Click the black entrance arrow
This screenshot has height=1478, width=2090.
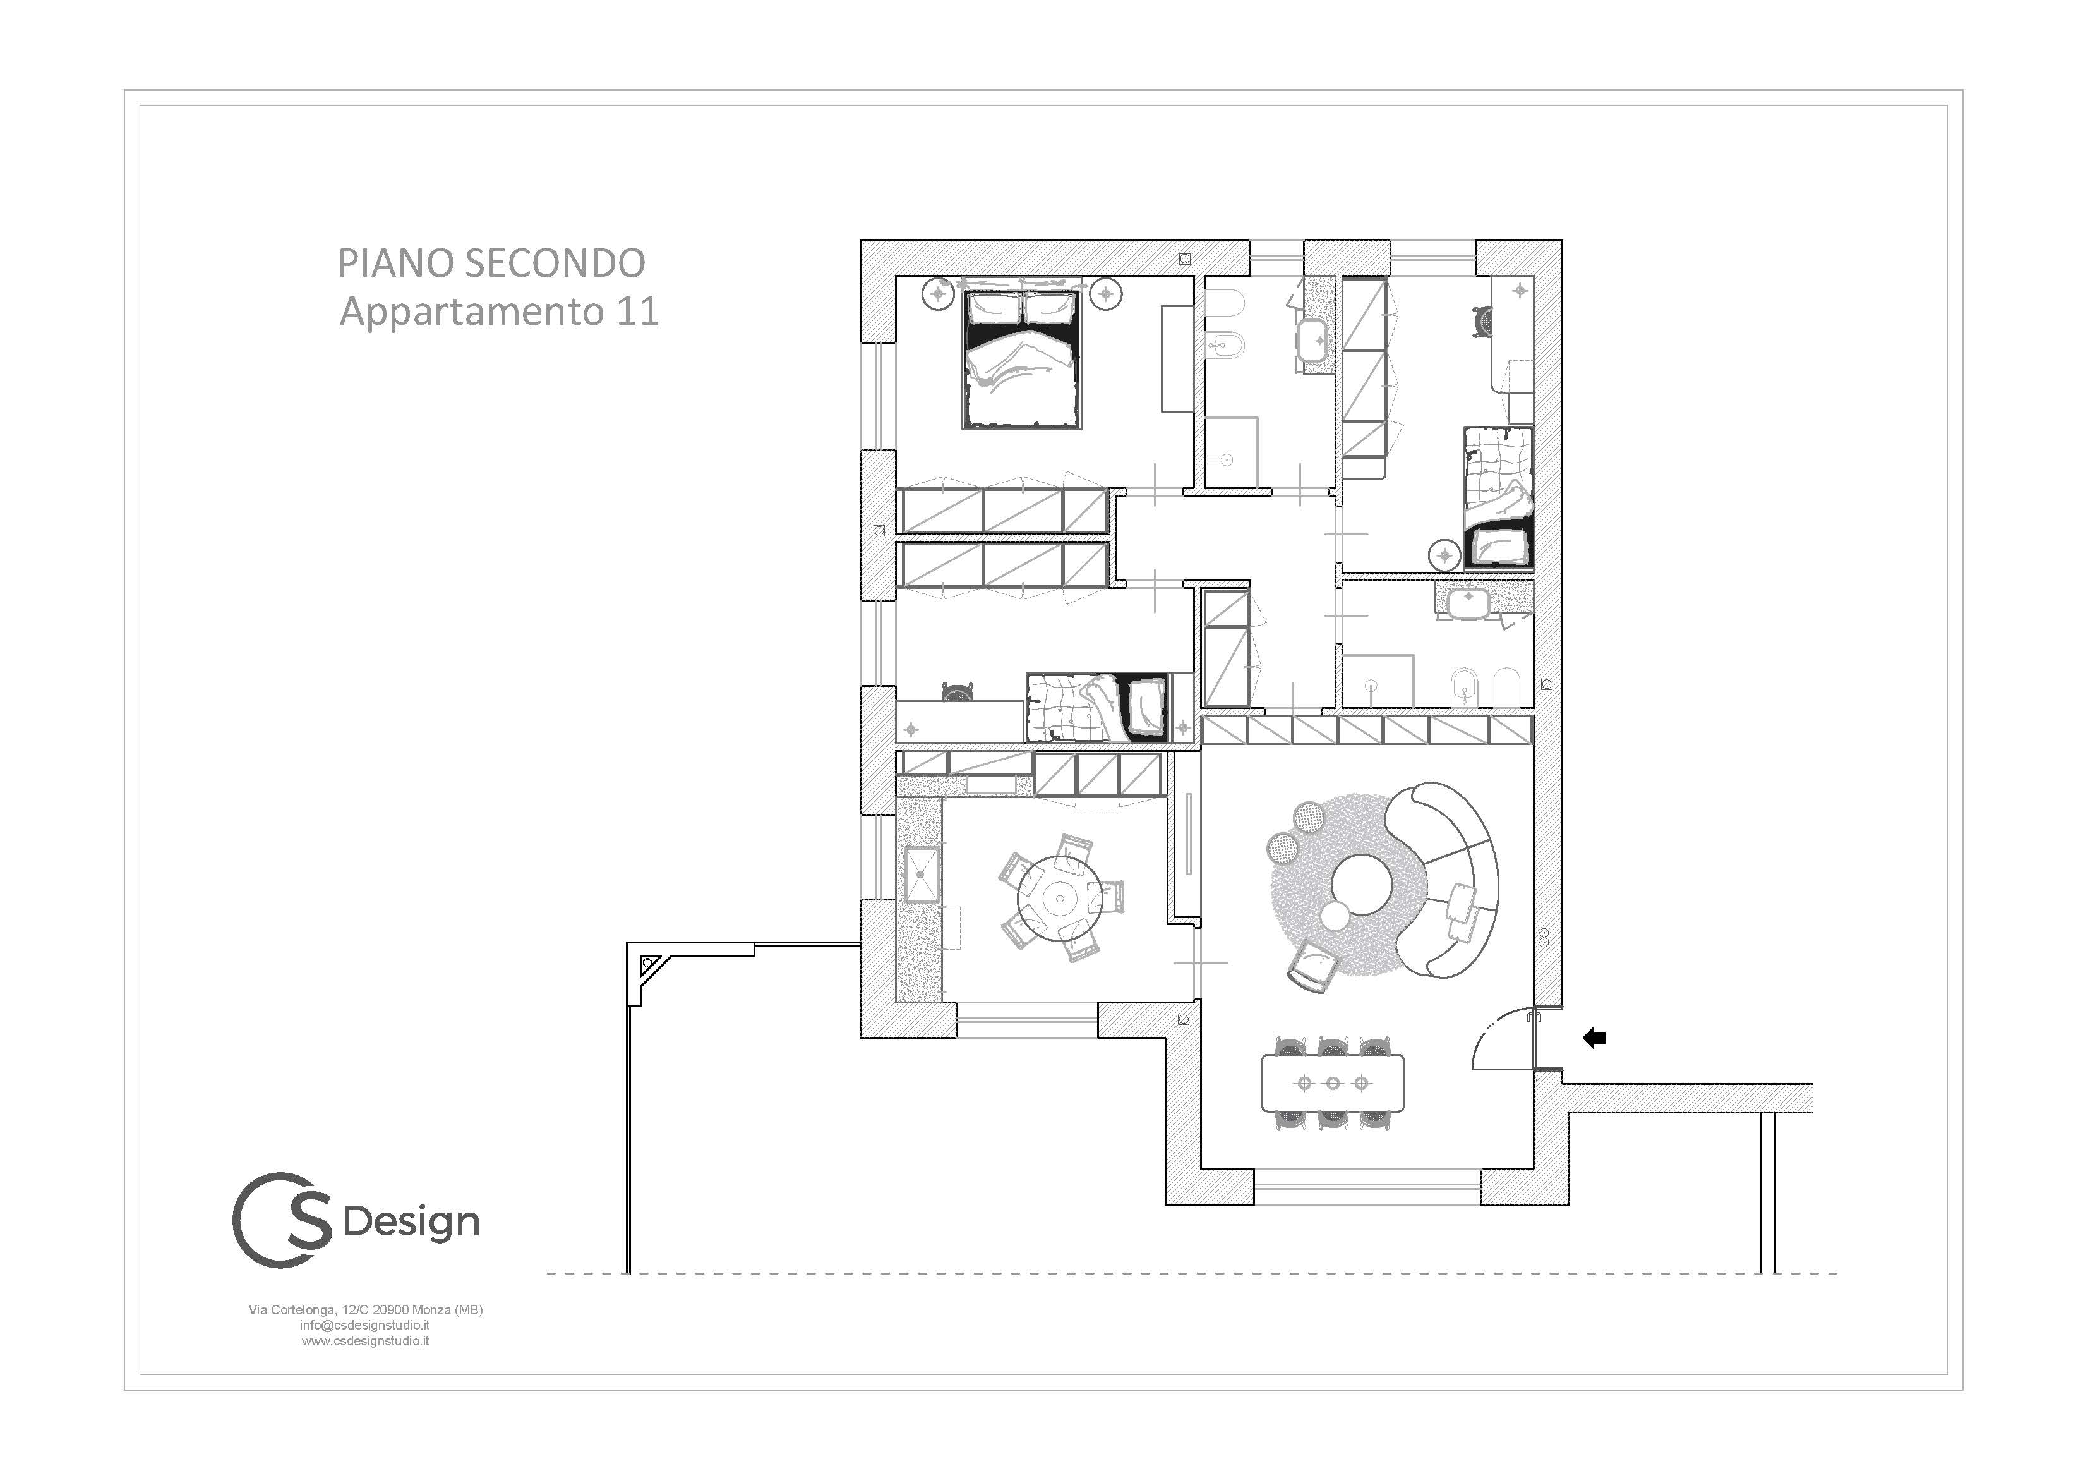pos(1594,1037)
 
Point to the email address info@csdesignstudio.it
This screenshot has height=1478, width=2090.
pos(365,1325)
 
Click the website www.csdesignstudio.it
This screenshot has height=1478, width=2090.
pos(365,1340)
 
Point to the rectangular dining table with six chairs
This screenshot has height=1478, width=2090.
pos(1333,1084)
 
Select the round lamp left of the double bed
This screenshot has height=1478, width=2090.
pos(937,294)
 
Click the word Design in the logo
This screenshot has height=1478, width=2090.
pos(411,1223)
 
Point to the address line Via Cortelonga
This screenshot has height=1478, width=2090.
pos(365,1309)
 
